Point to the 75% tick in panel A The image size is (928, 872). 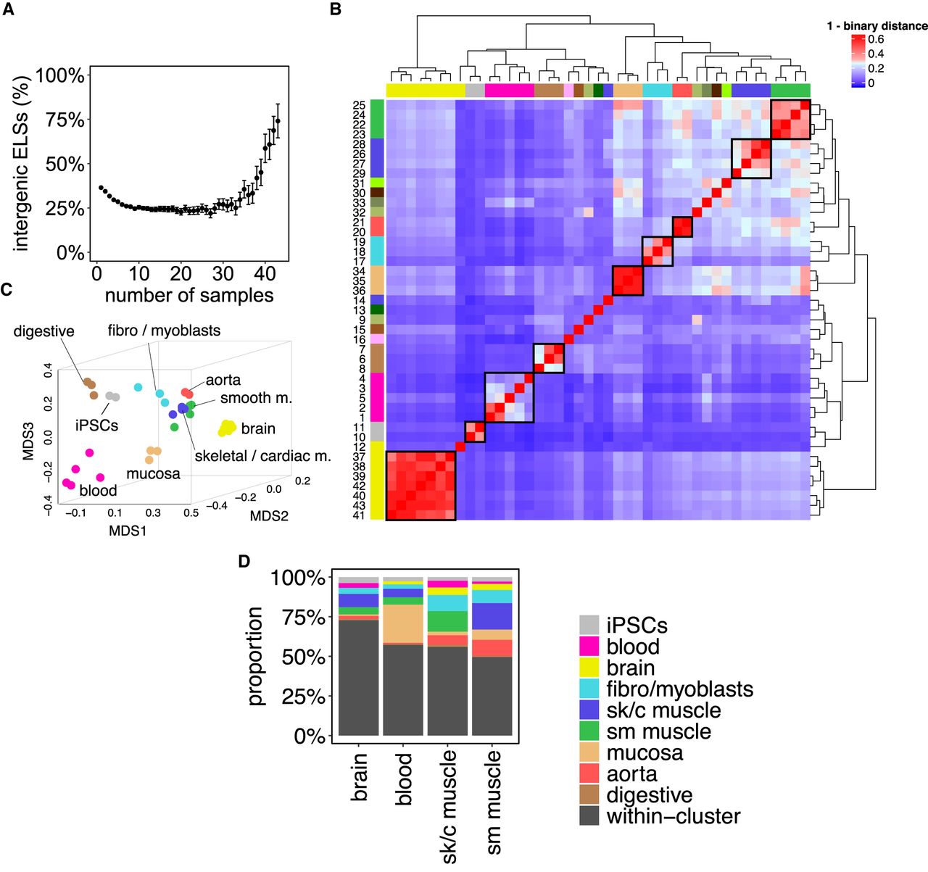coord(65,120)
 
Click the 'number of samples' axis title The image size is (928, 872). coord(189,296)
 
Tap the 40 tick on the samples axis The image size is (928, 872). coord(265,274)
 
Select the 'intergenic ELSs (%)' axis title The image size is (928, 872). coord(21,164)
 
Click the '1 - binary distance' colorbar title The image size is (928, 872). coord(877,26)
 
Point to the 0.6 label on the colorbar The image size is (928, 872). coord(876,39)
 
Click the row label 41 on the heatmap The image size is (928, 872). coord(359,515)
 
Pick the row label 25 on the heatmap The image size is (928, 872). coord(359,106)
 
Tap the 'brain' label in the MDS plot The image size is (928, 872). coord(258,428)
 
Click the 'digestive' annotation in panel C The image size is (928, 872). coord(43,331)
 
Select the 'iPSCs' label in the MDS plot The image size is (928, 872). coord(96,425)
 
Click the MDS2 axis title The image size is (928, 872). coord(270,516)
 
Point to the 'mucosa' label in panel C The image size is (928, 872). coord(153,473)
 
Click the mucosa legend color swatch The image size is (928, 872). coord(589,753)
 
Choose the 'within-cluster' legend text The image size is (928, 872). coord(673,816)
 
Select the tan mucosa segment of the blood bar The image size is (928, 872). coord(403,623)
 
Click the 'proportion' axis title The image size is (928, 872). coord(254,656)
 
